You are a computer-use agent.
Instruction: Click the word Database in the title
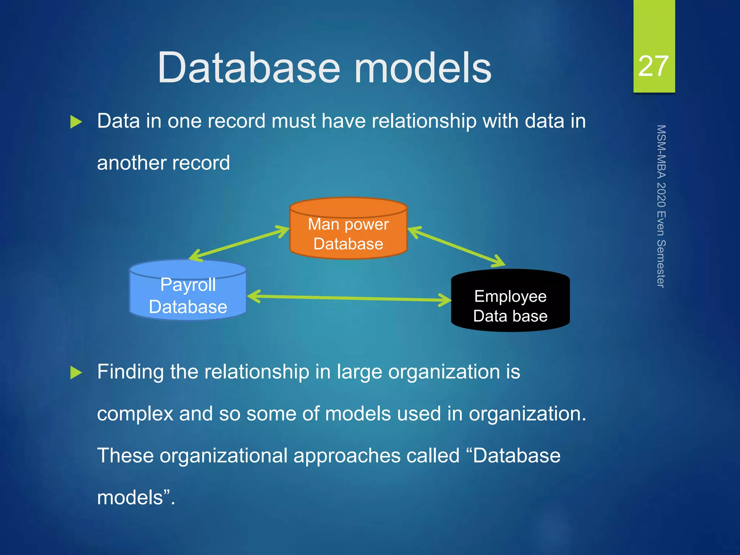tap(249, 68)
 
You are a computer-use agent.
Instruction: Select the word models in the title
tap(423, 68)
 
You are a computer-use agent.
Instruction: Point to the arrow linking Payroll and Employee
tap(349, 298)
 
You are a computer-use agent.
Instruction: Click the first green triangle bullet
tap(76, 122)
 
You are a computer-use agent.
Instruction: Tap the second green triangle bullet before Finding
tap(76, 373)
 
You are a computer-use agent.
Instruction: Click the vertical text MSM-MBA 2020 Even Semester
tap(661, 206)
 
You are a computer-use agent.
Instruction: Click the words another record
tap(163, 163)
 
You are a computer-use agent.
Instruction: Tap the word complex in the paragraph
tap(135, 414)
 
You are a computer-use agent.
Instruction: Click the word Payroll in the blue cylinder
tap(188, 285)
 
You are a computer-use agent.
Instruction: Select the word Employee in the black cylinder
tap(510, 296)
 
